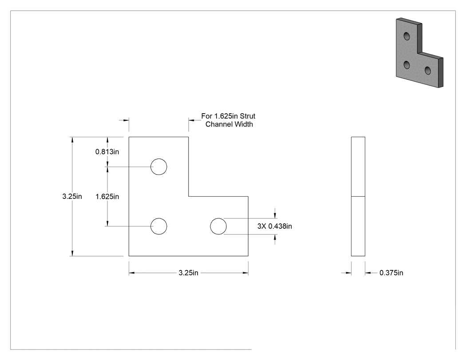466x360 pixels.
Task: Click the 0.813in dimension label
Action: coord(107,152)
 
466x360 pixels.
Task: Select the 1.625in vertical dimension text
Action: coord(107,197)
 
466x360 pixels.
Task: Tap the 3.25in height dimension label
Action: coord(72,197)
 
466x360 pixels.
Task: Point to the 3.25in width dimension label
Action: coord(189,273)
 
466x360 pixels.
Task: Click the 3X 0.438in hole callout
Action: coord(275,226)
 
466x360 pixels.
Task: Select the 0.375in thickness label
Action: coord(391,273)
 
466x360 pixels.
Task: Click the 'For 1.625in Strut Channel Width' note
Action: coord(229,120)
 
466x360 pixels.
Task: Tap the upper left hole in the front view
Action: coord(159,167)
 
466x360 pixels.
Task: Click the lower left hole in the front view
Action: coord(159,226)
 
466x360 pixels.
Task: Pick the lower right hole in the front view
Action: coord(218,226)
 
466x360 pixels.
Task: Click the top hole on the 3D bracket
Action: coord(407,36)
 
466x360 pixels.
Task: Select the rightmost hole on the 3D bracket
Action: coord(428,71)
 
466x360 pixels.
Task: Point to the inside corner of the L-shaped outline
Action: coord(189,197)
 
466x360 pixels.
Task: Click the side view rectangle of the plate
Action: coord(358,197)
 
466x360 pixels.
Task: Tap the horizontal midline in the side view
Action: coord(358,197)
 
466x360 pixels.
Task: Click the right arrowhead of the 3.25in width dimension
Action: coord(245,273)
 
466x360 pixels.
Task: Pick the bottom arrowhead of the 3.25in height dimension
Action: coord(72,253)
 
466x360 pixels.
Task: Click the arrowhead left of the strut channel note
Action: coord(191,120)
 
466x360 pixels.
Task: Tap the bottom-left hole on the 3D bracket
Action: coord(407,64)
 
